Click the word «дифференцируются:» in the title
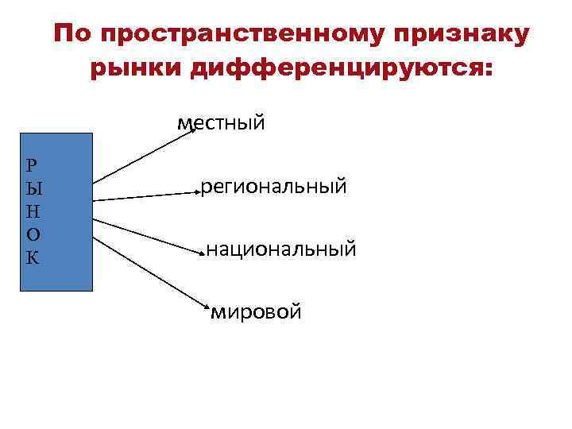342,68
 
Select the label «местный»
222,123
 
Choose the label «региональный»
273,187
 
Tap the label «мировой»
257,312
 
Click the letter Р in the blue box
31,166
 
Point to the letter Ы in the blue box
33,189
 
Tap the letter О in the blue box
32,235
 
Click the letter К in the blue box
32,258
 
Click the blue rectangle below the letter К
56,278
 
